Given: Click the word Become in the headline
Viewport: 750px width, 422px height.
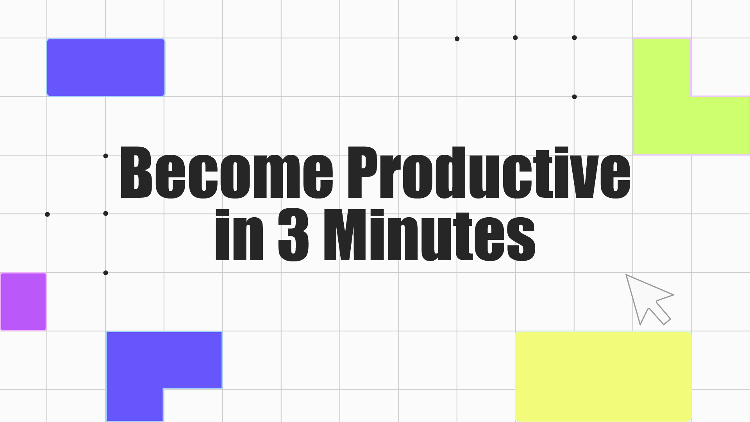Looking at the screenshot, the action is pyautogui.click(x=227, y=172).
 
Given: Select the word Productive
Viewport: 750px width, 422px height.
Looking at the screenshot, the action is pyautogui.click(x=489, y=172).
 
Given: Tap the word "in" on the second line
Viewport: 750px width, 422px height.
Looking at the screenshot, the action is pyautogui.click(x=239, y=235).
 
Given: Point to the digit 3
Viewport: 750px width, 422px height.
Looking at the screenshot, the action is pyautogui.click(x=293, y=235).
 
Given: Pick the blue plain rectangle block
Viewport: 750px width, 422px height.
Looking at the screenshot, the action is pyautogui.click(x=106, y=67).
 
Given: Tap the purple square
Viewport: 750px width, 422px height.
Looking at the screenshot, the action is pyautogui.click(x=23, y=302).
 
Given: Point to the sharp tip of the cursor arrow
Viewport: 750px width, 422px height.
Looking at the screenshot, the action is pyautogui.click(x=626, y=275).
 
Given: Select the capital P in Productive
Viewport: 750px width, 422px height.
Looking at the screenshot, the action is pyautogui.click(x=363, y=172).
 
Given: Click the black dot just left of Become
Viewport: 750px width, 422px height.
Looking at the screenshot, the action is pyautogui.click(x=105, y=156).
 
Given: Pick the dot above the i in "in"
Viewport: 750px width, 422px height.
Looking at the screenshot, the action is pyautogui.click(x=222, y=214).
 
